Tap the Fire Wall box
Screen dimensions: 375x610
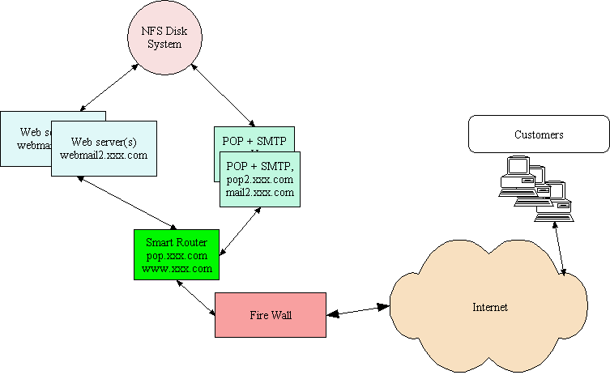coord(270,314)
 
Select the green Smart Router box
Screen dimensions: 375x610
coord(177,255)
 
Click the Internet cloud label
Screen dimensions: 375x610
coord(490,307)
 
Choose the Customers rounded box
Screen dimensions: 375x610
coord(539,134)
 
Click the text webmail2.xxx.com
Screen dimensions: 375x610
coord(104,155)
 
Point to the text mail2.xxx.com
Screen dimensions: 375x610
coord(260,193)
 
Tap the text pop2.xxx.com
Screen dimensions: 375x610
coord(260,179)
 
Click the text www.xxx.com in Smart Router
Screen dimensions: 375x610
coord(177,268)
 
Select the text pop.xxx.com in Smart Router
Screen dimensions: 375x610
coord(177,255)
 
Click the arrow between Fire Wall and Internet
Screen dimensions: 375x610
coord(357,310)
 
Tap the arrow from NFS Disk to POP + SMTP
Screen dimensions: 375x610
coord(221,95)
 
